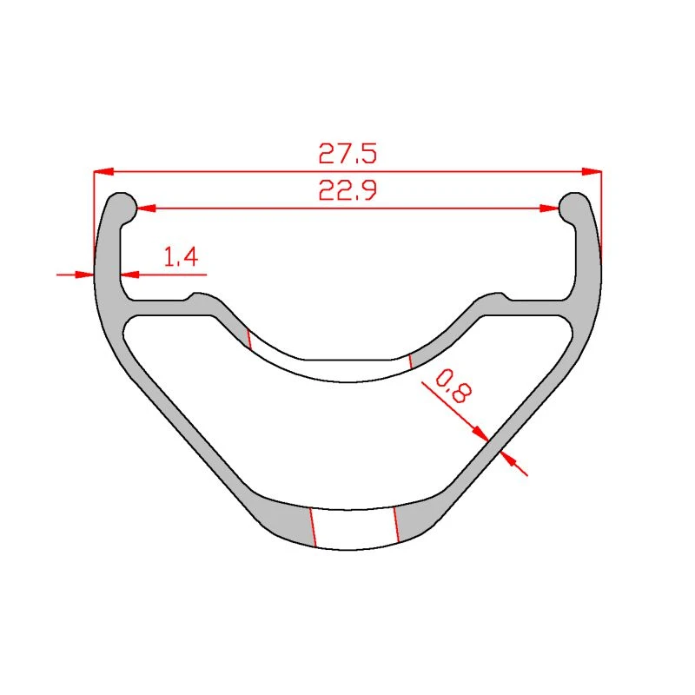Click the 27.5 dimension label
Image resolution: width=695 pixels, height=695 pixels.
coord(347,154)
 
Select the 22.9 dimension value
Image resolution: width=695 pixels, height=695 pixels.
coord(347,189)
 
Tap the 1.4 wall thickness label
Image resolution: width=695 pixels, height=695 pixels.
coord(181,256)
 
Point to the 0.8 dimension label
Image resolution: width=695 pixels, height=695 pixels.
coord(453,387)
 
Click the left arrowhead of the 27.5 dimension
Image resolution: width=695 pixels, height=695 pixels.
coord(103,171)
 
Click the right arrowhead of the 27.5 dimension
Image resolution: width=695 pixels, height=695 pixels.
coord(592,171)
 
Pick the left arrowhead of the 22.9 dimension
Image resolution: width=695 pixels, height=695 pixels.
coord(146,208)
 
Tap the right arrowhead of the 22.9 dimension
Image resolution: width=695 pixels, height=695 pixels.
coord(549,208)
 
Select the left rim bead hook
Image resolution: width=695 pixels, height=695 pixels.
coord(122,208)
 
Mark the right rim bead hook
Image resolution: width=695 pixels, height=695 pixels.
coord(573,208)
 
